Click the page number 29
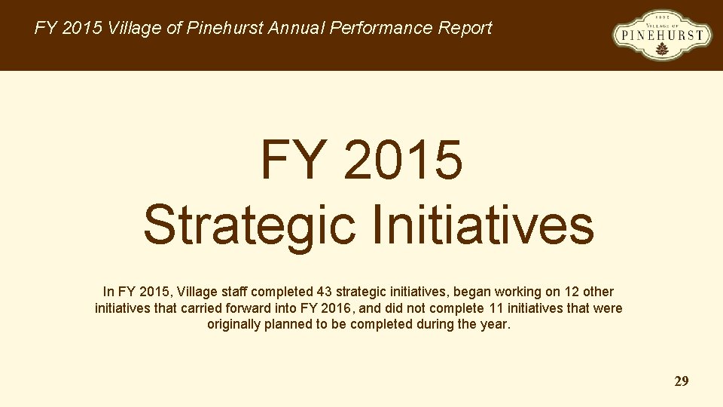pyautogui.click(x=681, y=381)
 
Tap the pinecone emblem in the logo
pyautogui.click(x=662, y=49)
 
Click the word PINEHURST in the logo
pyautogui.click(x=662, y=34)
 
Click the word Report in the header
pyautogui.click(x=465, y=29)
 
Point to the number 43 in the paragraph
pyautogui.click(x=325, y=292)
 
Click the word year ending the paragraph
pyautogui.click(x=496, y=325)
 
